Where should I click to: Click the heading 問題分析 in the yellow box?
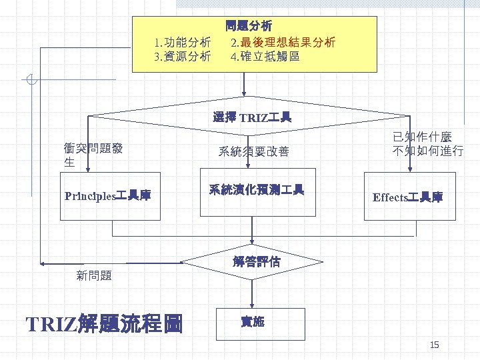coord(249,27)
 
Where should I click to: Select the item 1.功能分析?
coord(183,43)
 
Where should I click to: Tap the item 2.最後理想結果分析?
coord(283,43)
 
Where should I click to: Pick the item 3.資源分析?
coord(183,57)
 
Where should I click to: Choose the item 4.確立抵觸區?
coord(265,57)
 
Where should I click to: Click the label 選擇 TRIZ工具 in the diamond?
coord(252,118)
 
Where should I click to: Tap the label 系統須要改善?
coord(253,152)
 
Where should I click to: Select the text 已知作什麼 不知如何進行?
coord(427,144)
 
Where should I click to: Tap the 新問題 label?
coord(94,275)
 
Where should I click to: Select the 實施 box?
coord(253,322)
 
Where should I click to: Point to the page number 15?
coord(434,345)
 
